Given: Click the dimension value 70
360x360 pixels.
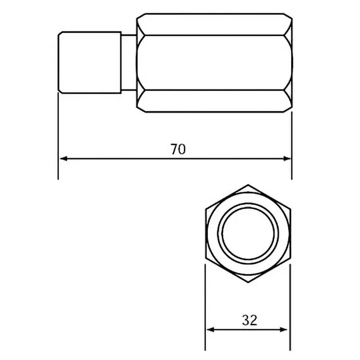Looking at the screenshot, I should (x=178, y=149).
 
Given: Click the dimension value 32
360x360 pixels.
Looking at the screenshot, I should (x=249, y=320).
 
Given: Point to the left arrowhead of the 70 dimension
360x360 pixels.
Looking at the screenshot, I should (x=63, y=158).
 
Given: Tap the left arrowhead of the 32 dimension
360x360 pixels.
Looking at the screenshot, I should (x=210, y=330).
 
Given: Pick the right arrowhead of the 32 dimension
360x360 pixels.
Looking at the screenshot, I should (x=285, y=330).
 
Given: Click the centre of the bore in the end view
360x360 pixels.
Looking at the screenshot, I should (x=247, y=234).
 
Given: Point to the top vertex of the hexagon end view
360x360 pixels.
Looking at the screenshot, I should (x=247, y=184).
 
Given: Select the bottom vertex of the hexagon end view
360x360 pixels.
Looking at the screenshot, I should (x=247, y=283).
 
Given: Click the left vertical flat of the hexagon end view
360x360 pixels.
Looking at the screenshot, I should (x=205, y=234).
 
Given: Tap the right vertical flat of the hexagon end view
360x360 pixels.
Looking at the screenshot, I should (x=290, y=234).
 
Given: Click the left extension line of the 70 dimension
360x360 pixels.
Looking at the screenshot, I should (x=58, y=135).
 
